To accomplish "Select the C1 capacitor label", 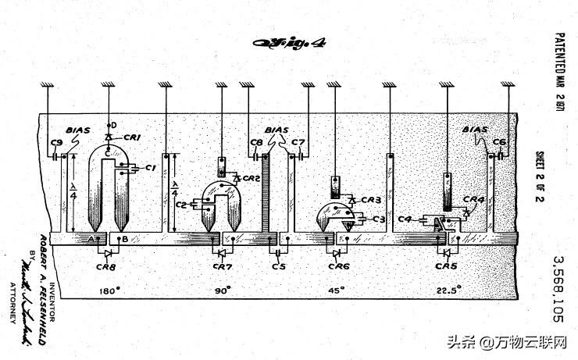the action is pyautogui.click(x=152, y=167).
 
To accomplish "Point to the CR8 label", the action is pyautogui.click(x=110, y=266).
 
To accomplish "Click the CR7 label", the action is pyautogui.click(x=223, y=266).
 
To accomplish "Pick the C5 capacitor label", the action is pyautogui.click(x=278, y=266).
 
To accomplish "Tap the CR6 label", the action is pyautogui.click(x=338, y=266).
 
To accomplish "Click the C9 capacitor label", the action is pyautogui.click(x=55, y=142).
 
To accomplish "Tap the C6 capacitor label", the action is pyautogui.click(x=500, y=142).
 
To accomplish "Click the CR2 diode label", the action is pyautogui.click(x=250, y=178).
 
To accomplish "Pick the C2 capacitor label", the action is pyautogui.click(x=181, y=205).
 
